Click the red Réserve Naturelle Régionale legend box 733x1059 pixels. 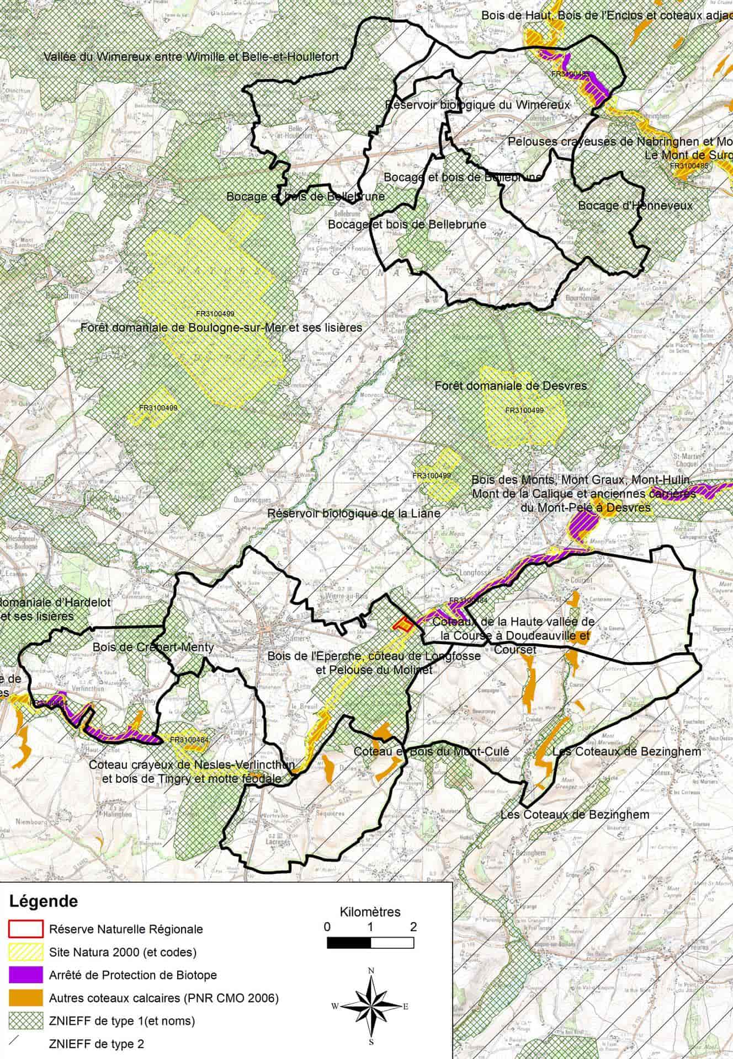click(x=25, y=929)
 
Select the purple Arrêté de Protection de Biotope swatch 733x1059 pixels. click(x=25, y=975)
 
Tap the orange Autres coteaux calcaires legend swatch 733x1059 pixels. click(x=25, y=997)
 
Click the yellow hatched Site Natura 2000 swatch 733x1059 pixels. click(x=25, y=951)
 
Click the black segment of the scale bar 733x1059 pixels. click(x=349, y=943)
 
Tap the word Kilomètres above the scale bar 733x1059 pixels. click(x=370, y=911)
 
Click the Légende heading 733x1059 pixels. click(x=44, y=902)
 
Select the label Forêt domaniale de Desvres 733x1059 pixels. click(x=511, y=386)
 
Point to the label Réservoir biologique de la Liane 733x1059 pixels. click(x=354, y=514)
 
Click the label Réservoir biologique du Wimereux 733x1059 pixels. click(x=477, y=104)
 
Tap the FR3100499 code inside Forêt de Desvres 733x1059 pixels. click(x=524, y=410)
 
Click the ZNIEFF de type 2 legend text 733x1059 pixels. click(x=97, y=1044)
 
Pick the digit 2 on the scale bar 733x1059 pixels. click(x=413, y=927)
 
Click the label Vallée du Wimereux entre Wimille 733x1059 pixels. click(x=191, y=57)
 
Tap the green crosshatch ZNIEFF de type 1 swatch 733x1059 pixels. click(x=25, y=1020)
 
